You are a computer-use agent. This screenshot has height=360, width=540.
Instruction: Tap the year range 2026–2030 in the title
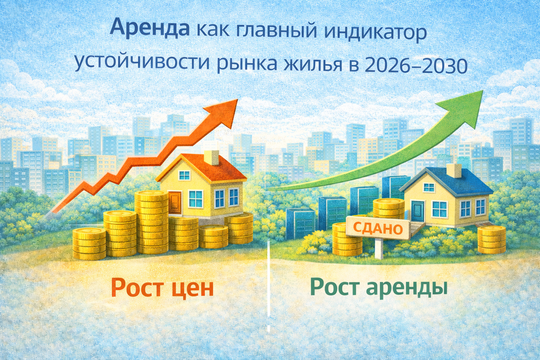tap(416, 65)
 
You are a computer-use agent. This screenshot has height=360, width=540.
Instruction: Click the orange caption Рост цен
tap(162, 288)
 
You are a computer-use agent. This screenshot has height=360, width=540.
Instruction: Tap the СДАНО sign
tap(378, 229)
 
